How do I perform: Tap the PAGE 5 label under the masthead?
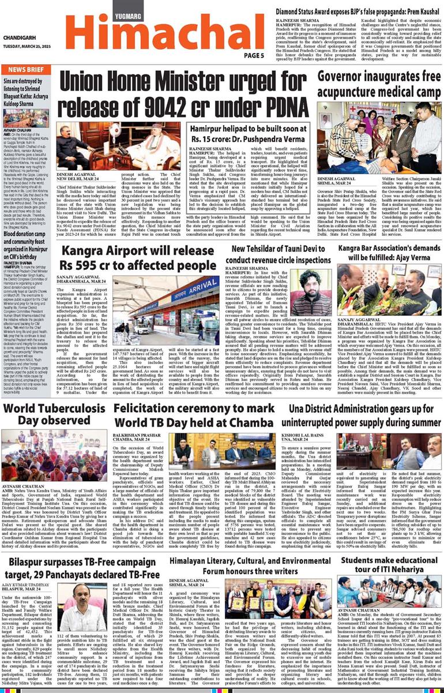254,55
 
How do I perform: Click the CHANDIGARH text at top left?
21,39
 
